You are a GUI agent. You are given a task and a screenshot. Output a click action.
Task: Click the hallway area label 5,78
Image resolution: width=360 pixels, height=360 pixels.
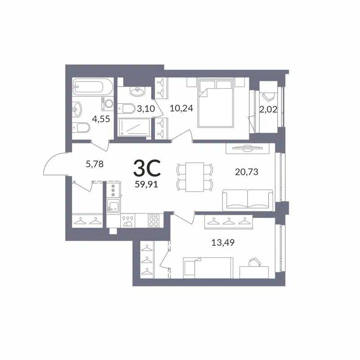pyautogui.click(x=94, y=164)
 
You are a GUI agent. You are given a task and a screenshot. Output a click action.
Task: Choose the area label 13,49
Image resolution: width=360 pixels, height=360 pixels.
pyautogui.click(x=223, y=243)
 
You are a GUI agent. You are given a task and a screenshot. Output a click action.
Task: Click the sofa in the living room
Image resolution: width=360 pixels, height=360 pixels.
pyautogui.click(x=247, y=199)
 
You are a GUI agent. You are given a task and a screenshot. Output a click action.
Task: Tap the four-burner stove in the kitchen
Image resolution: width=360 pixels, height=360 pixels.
pyautogui.click(x=154, y=220)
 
